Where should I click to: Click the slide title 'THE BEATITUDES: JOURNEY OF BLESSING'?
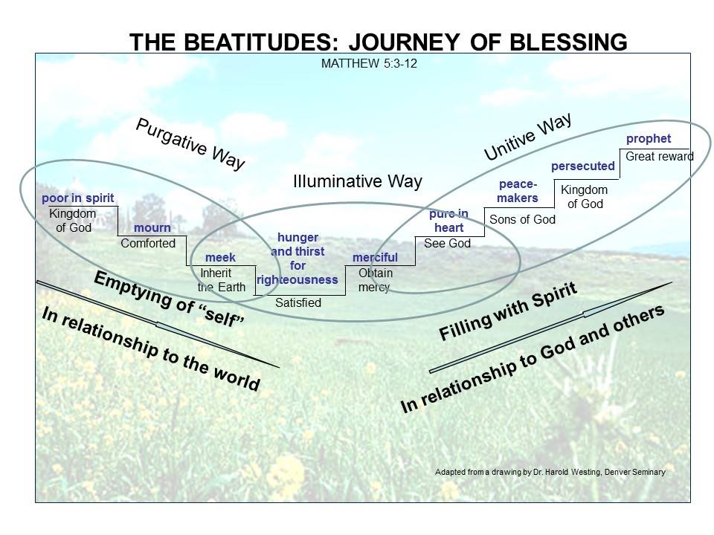coord(378,43)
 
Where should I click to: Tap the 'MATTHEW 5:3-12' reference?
coord(368,63)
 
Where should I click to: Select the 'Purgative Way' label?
coord(190,144)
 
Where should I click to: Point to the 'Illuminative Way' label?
coord(357,181)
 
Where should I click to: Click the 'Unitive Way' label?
coord(527,136)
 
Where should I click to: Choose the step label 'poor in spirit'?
coord(78,198)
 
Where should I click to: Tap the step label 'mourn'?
coord(152,227)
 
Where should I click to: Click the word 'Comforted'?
coord(148,243)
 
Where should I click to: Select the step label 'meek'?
coord(220,257)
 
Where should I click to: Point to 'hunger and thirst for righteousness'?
coord(297,259)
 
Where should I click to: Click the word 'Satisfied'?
coord(298,302)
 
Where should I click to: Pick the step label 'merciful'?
coord(375,257)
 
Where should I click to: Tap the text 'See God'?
coord(447,243)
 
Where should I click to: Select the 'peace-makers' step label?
coord(518,191)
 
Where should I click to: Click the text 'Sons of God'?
coord(522,219)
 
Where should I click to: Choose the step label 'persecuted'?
coord(583,166)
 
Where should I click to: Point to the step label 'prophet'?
coord(649,139)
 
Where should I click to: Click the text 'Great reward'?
coord(659,157)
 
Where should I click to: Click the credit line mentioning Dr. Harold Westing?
coord(550,471)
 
